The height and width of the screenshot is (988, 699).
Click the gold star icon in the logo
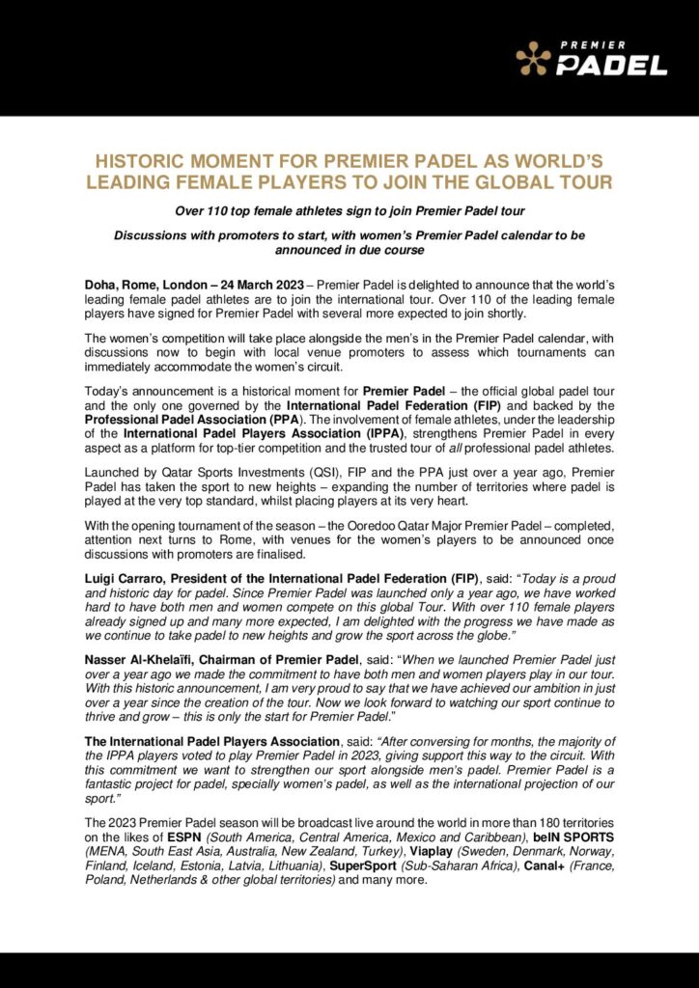coord(533,60)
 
